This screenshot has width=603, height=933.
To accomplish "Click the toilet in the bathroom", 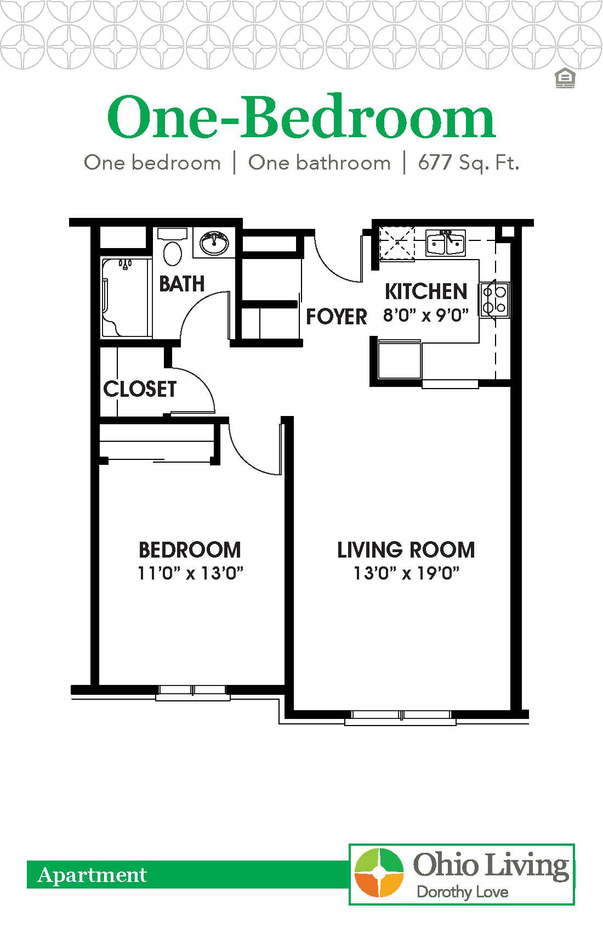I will [173, 251].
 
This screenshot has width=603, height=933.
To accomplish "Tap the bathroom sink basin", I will [214, 243].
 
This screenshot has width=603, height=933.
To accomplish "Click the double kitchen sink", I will [446, 243].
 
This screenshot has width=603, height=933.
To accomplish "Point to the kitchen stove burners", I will [494, 299].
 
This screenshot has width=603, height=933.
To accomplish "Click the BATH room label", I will [181, 284].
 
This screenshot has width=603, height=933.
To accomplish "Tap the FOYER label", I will [336, 317].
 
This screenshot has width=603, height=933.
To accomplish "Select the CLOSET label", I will [140, 389].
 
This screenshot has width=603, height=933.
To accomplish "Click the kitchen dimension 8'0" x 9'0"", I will [426, 316].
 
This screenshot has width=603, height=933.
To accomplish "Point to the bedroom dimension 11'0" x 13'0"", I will [190, 574].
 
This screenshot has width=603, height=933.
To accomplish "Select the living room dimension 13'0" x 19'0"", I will [406, 574].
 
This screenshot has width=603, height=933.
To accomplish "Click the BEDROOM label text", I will [190, 550].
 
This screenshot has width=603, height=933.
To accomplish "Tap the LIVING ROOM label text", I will [406, 550].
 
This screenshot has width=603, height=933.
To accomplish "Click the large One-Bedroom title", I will [301, 118].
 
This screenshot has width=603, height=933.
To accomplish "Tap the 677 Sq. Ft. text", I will [468, 163].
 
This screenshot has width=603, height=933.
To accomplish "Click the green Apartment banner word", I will [92, 875].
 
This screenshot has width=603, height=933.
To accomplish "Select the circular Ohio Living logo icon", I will [379, 874].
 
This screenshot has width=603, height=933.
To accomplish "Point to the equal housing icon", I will [564, 79].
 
